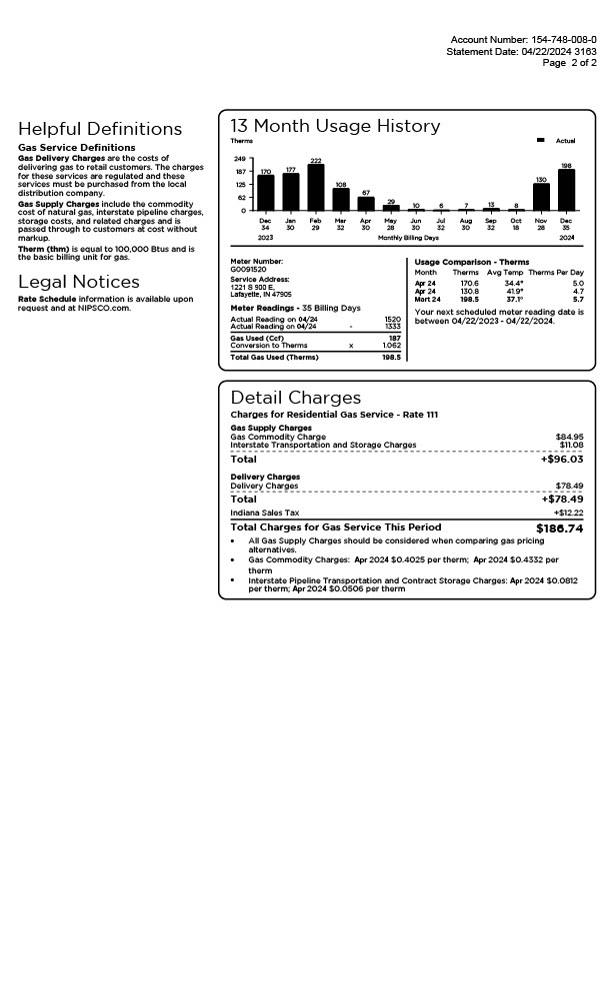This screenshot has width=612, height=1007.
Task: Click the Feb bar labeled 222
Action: (x=315, y=188)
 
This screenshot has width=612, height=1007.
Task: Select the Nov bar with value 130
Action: (x=541, y=197)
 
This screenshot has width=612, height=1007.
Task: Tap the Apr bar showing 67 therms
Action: (x=366, y=204)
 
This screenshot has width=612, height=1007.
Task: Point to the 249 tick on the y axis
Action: (x=239, y=159)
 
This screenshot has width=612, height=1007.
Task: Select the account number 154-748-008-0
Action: (x=563, y=40)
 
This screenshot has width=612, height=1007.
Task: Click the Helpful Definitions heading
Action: (x=100, y=129)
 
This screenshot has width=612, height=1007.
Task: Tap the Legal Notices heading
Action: (x=79, y=282)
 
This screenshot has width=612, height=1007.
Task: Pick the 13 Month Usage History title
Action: (x=335, y=126)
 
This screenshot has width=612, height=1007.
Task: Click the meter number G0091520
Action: (x=249, y=269)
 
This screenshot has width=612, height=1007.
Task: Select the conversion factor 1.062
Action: (x=391, y=346)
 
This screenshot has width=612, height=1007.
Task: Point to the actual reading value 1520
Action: (x=392, y=320)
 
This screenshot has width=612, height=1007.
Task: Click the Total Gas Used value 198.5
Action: (x=391, y=357)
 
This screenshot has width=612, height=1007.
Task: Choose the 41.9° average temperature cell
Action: (x=514, y=292)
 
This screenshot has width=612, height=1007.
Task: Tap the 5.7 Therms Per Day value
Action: (x=578, y=300)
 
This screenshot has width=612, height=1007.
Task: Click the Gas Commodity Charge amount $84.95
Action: (x=569, y=437)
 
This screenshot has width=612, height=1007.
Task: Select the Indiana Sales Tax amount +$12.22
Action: (x=568, y=512)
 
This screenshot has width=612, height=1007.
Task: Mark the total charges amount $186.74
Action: (x=559, y=528)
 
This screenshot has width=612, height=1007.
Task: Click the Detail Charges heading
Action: (x=295, y=398)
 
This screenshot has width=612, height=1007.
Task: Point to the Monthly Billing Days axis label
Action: (x=408, y=238)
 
